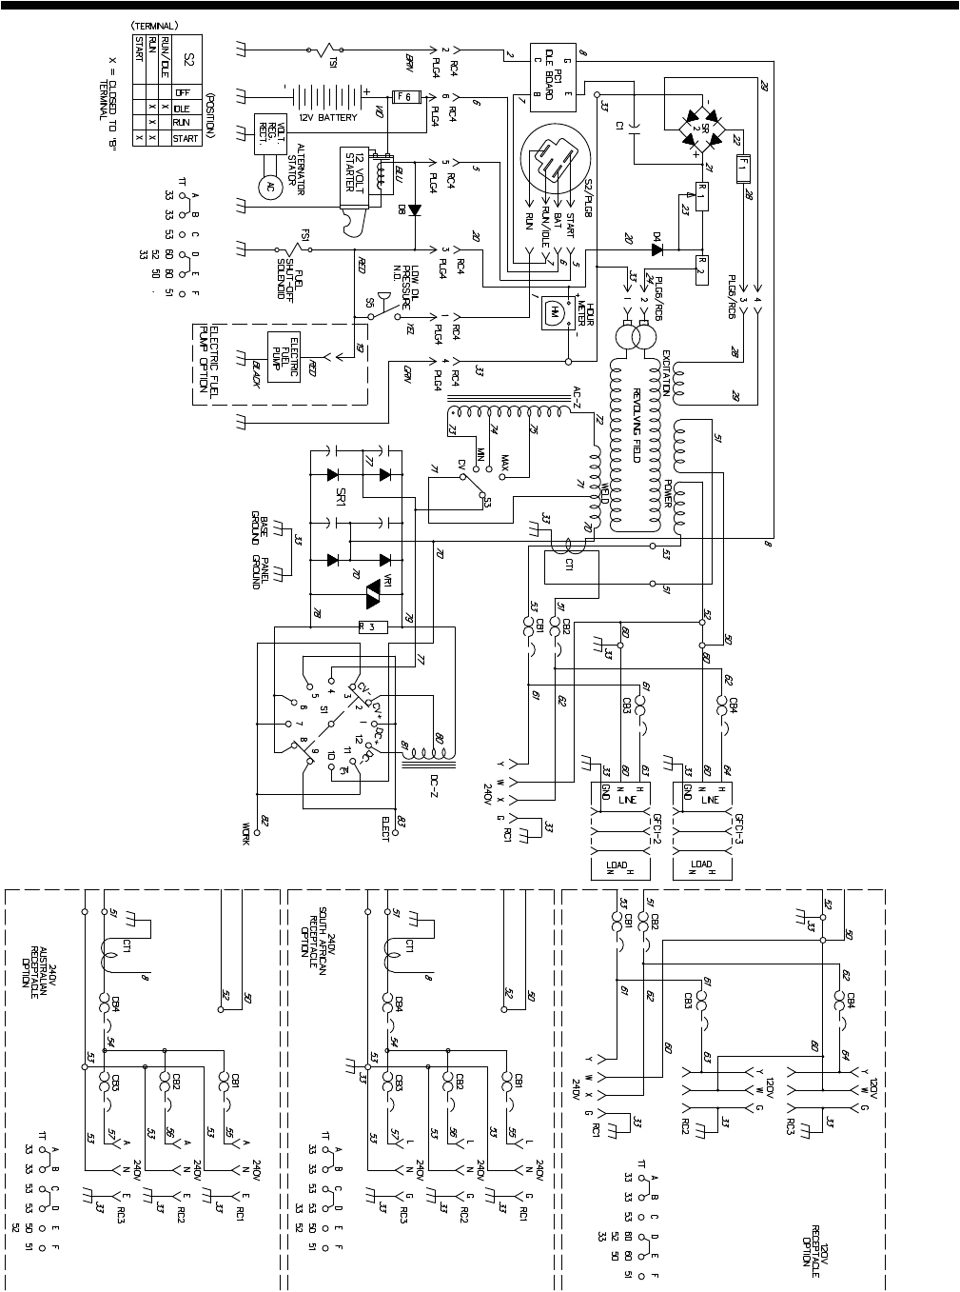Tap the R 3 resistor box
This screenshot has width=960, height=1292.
click(x=374, y=626)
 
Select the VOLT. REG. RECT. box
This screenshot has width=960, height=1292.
click(x=264, y=138)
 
